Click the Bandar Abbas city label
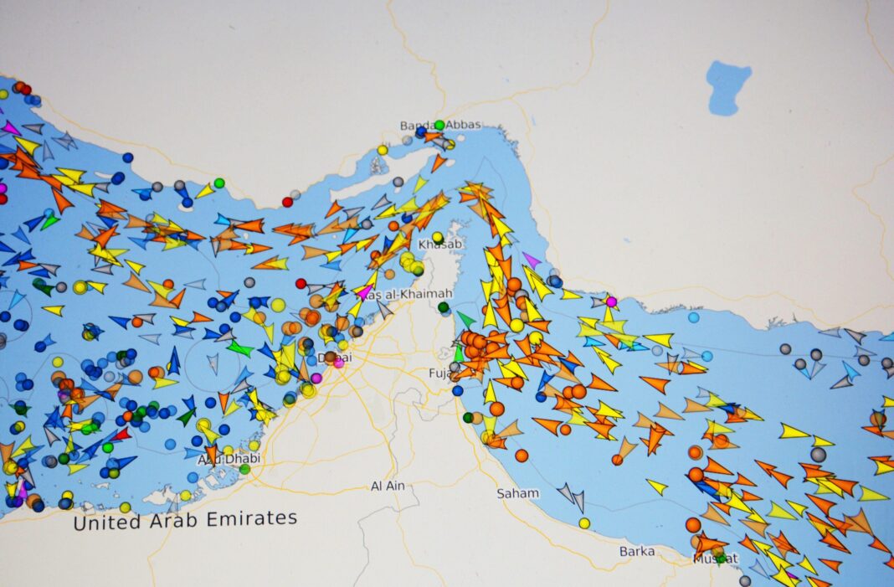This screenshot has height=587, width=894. [x=440, y=126]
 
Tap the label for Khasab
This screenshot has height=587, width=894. [x=439, y=244]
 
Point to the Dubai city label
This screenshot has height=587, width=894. [x=335, y=358]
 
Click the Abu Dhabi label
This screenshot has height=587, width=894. [x=229, y=459]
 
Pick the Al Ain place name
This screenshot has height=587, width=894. [x=388, y=487]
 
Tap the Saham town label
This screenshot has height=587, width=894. [x=517, y=493]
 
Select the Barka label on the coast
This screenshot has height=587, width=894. [x=637, y=551]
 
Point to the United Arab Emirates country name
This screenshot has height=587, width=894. [x=185, y=520]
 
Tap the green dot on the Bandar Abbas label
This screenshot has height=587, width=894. [x=439, y=125]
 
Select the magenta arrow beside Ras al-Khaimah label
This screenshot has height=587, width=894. [x=364, y=292]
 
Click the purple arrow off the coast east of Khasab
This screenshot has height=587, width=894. [x=532, y=260]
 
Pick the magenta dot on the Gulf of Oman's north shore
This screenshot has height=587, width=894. [x=611, y=301]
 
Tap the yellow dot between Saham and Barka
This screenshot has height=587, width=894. [x=584, y=523]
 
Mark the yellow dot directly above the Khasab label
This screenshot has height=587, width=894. [x=437, y=237]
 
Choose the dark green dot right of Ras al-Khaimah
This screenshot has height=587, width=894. [x=444, y=307]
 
